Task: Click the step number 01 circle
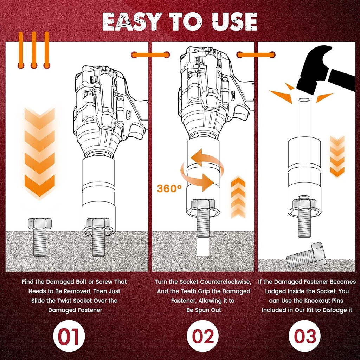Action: click(69, 336)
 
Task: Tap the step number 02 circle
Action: click(203, 336)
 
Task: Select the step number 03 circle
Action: click(304, 336)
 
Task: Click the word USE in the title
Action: click(235, 22)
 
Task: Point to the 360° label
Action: click(169, 188)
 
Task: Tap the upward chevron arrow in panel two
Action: click(238, 197)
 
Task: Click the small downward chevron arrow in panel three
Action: click(337, 156)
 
